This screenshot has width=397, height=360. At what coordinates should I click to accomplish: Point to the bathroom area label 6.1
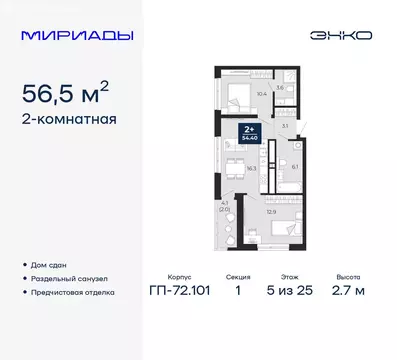tap(294, 167)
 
